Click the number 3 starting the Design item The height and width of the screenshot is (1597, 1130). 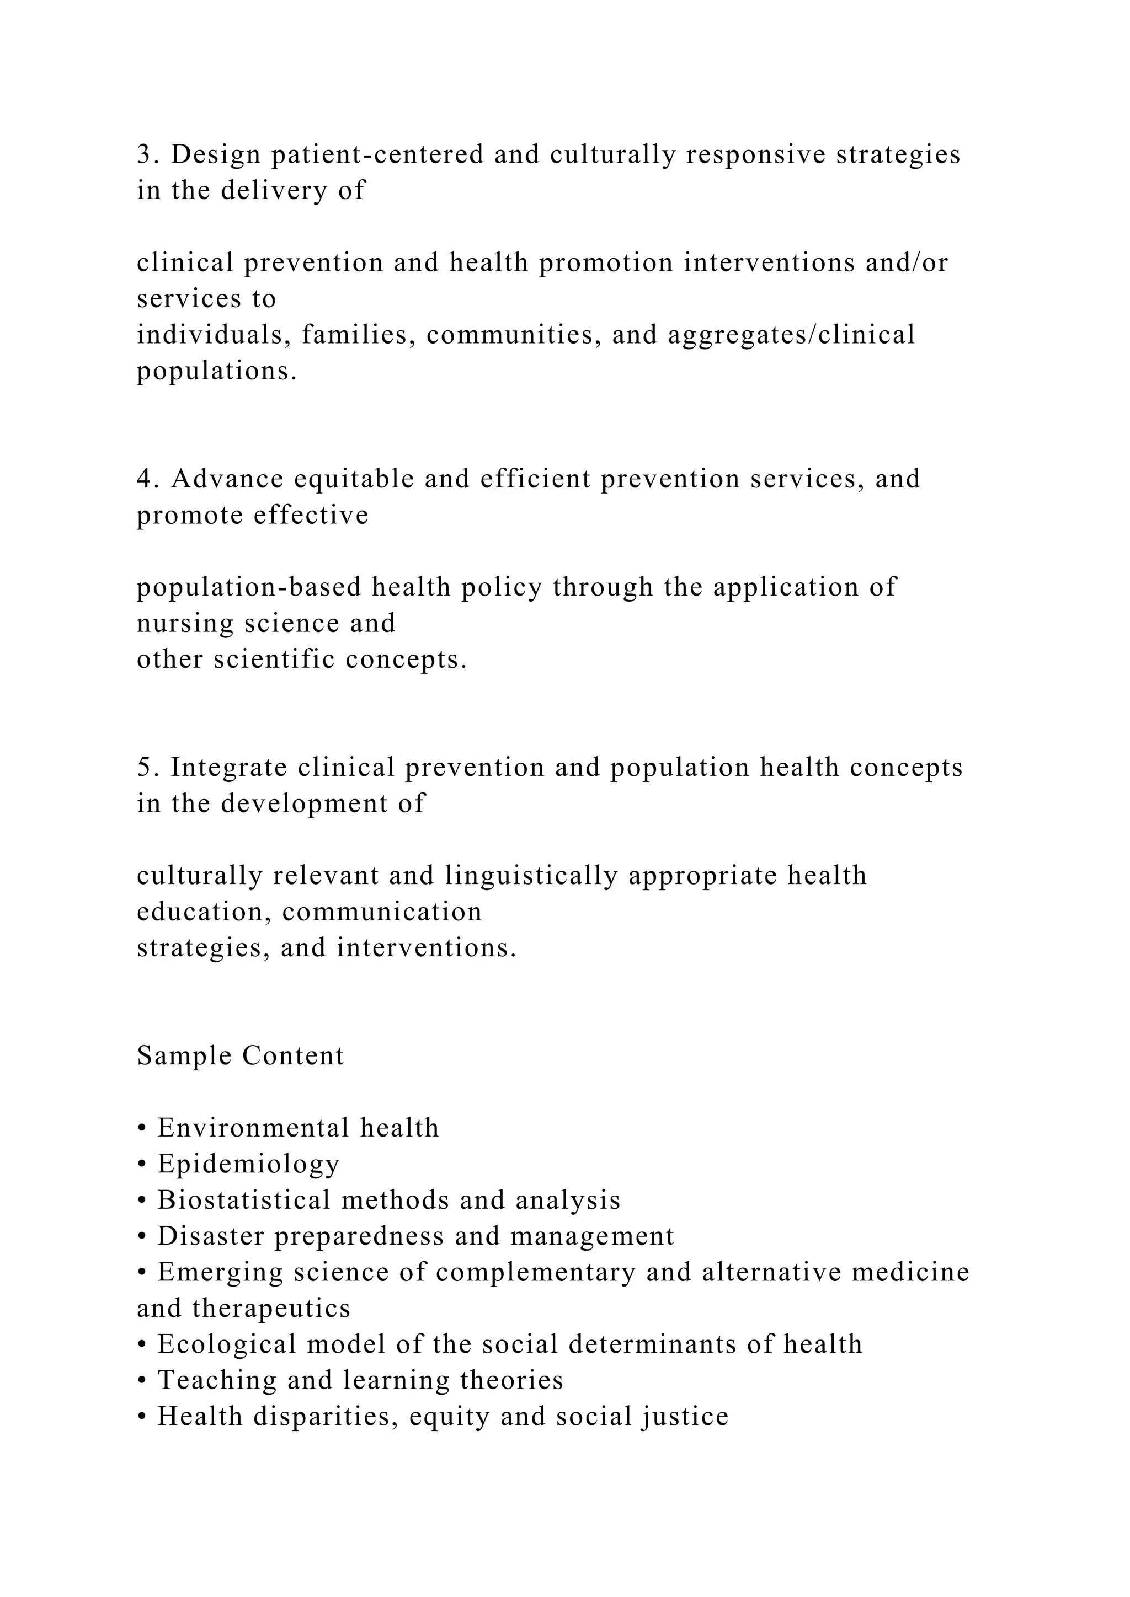[x=143, y=154]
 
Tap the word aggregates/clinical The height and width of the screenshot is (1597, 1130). [x=791, y=335]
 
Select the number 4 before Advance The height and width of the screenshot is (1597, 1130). [x=144, y=479]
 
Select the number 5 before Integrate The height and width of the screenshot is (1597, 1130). [x=144, y=767]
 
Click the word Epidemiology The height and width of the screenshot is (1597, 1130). [x=248, y=1164]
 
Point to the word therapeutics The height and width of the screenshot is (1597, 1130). [x=271, y=1309]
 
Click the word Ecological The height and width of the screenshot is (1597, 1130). [x=227, y=1344]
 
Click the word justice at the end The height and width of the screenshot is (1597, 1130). [x=685, y=1417]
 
